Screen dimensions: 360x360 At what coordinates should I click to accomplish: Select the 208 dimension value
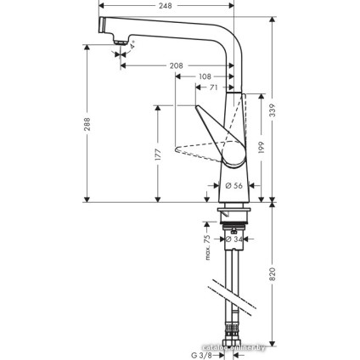click(177, 65)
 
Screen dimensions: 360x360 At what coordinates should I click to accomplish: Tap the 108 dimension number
click(205, 76)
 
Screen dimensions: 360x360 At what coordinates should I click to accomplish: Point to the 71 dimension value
click(214, 87)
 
